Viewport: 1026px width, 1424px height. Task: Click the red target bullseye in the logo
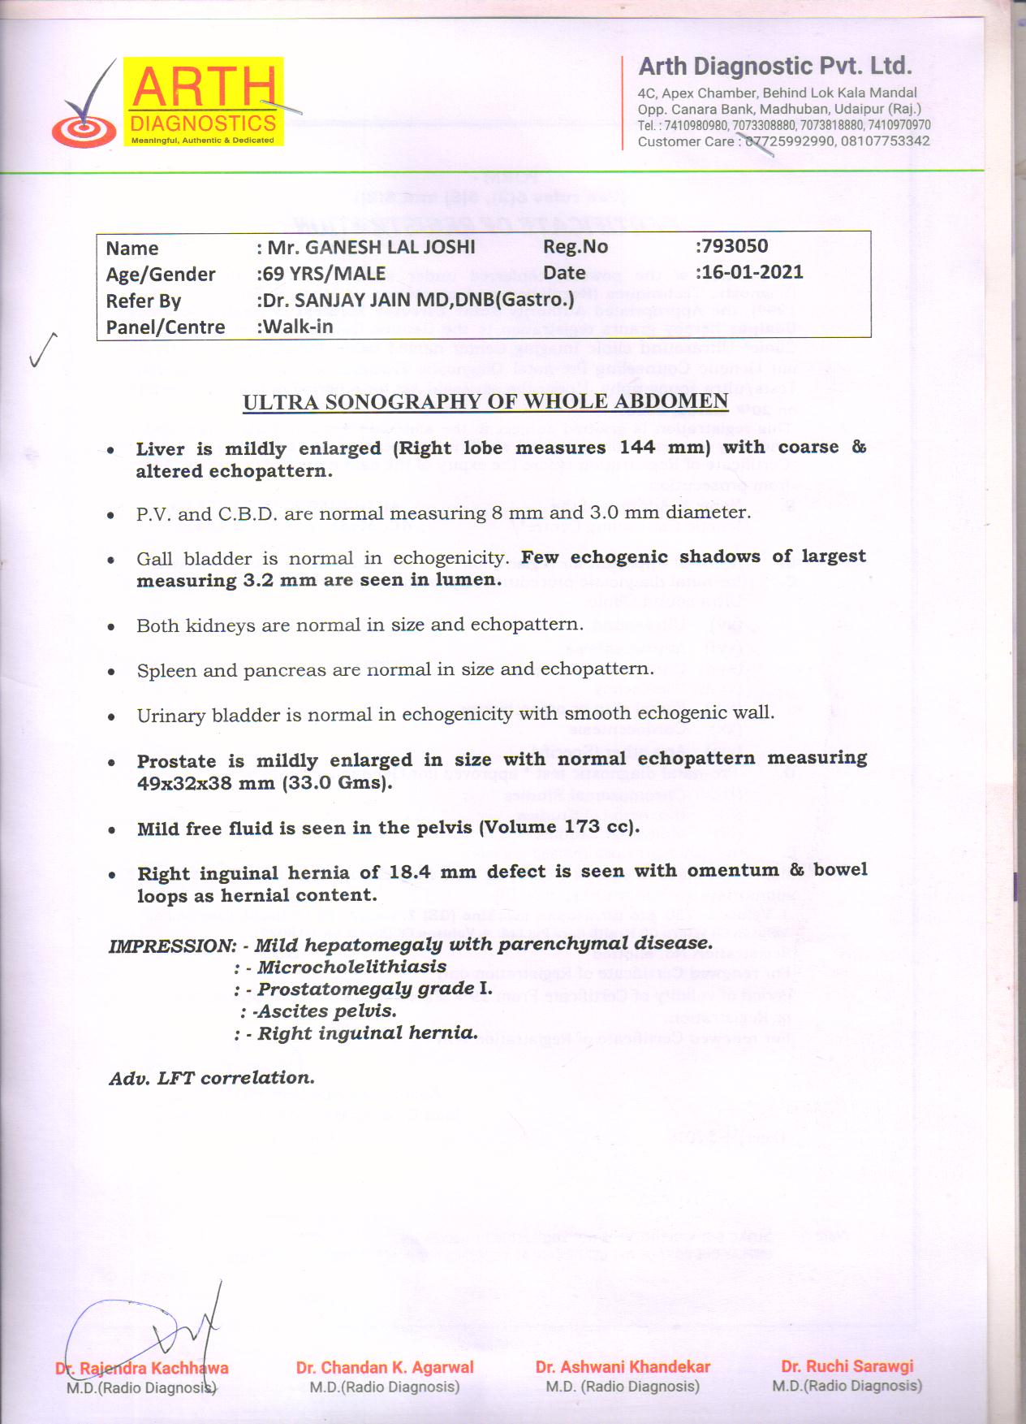[83, 129]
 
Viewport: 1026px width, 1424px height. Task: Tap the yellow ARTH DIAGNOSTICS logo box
[203, 102]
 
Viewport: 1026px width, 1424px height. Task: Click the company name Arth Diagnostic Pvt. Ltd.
[775, 67]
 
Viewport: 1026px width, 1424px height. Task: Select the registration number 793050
[733, 246]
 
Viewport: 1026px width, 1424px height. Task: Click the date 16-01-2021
[752, 272]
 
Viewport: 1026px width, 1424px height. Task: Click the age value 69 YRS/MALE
[323, 274]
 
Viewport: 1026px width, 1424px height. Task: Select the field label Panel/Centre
[166, 327]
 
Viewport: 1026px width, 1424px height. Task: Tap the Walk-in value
[297, 327]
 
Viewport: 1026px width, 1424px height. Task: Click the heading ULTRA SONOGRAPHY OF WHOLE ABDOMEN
[485, 402]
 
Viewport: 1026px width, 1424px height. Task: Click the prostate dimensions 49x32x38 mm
[206, 783]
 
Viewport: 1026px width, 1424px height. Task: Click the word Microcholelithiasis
[351, 967]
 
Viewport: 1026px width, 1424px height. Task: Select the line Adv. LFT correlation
[212, 1078]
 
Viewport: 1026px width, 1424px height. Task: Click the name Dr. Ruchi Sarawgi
[847, 1366]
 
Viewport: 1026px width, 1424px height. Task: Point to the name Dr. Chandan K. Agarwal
[385, 1367]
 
